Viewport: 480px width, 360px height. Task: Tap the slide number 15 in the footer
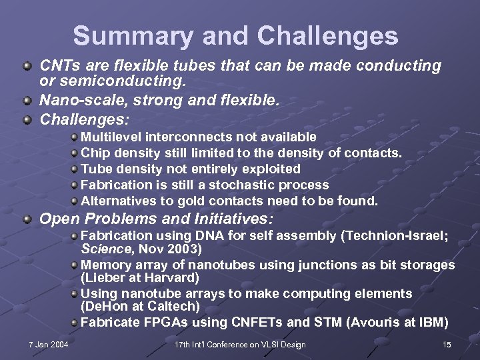coord(447,345)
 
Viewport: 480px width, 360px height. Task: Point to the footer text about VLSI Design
coord(240,345)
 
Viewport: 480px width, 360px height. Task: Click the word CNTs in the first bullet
coord(57,66)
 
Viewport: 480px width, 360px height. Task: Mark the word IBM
coord(434,323)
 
